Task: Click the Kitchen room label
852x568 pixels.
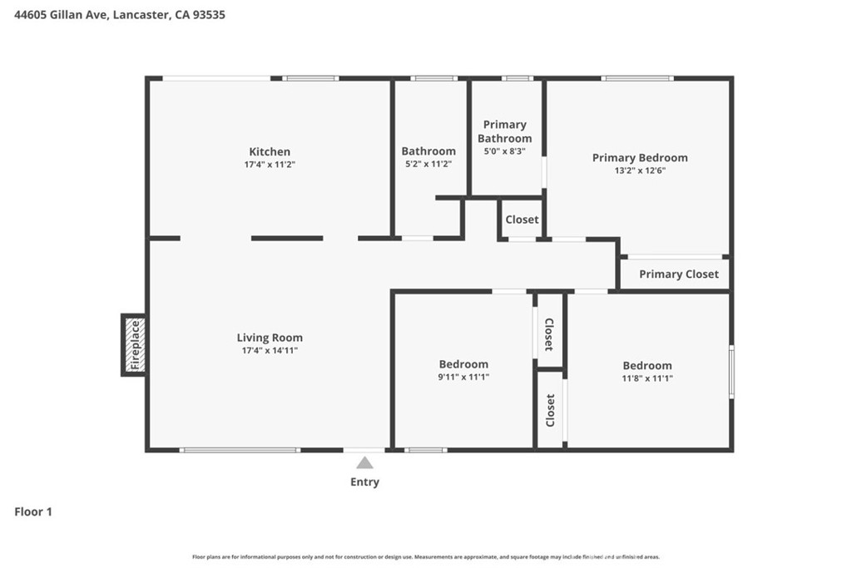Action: point(270,151)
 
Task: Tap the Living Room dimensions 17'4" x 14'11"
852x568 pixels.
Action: point(270,350)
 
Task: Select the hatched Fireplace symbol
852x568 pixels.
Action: point(135,345)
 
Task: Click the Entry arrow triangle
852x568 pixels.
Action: point(364,462)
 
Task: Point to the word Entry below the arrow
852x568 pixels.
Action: point(364,482)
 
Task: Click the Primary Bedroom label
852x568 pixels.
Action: point(640,157)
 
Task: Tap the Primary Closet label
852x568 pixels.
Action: point(679,274)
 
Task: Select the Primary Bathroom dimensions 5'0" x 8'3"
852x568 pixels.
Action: point(504,151)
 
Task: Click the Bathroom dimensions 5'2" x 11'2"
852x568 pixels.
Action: point(428,164)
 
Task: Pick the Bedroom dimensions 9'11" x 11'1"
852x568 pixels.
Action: point(463,377)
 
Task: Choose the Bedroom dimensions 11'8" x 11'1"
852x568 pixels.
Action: point(647,378)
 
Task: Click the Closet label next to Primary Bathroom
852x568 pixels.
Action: point(522,220)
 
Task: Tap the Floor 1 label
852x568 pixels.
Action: point(33,511)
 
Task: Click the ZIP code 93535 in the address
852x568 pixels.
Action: point(209,15)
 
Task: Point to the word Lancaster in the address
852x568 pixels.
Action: point(141,15)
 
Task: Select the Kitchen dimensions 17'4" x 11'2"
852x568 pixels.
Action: point(270,164)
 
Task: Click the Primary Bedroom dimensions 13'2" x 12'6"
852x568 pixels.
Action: point(640,170)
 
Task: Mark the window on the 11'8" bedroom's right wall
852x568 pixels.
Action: point(731,372)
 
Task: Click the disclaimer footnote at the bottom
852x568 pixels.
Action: point(425,556)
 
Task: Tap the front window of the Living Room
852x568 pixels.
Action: point(240,450)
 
